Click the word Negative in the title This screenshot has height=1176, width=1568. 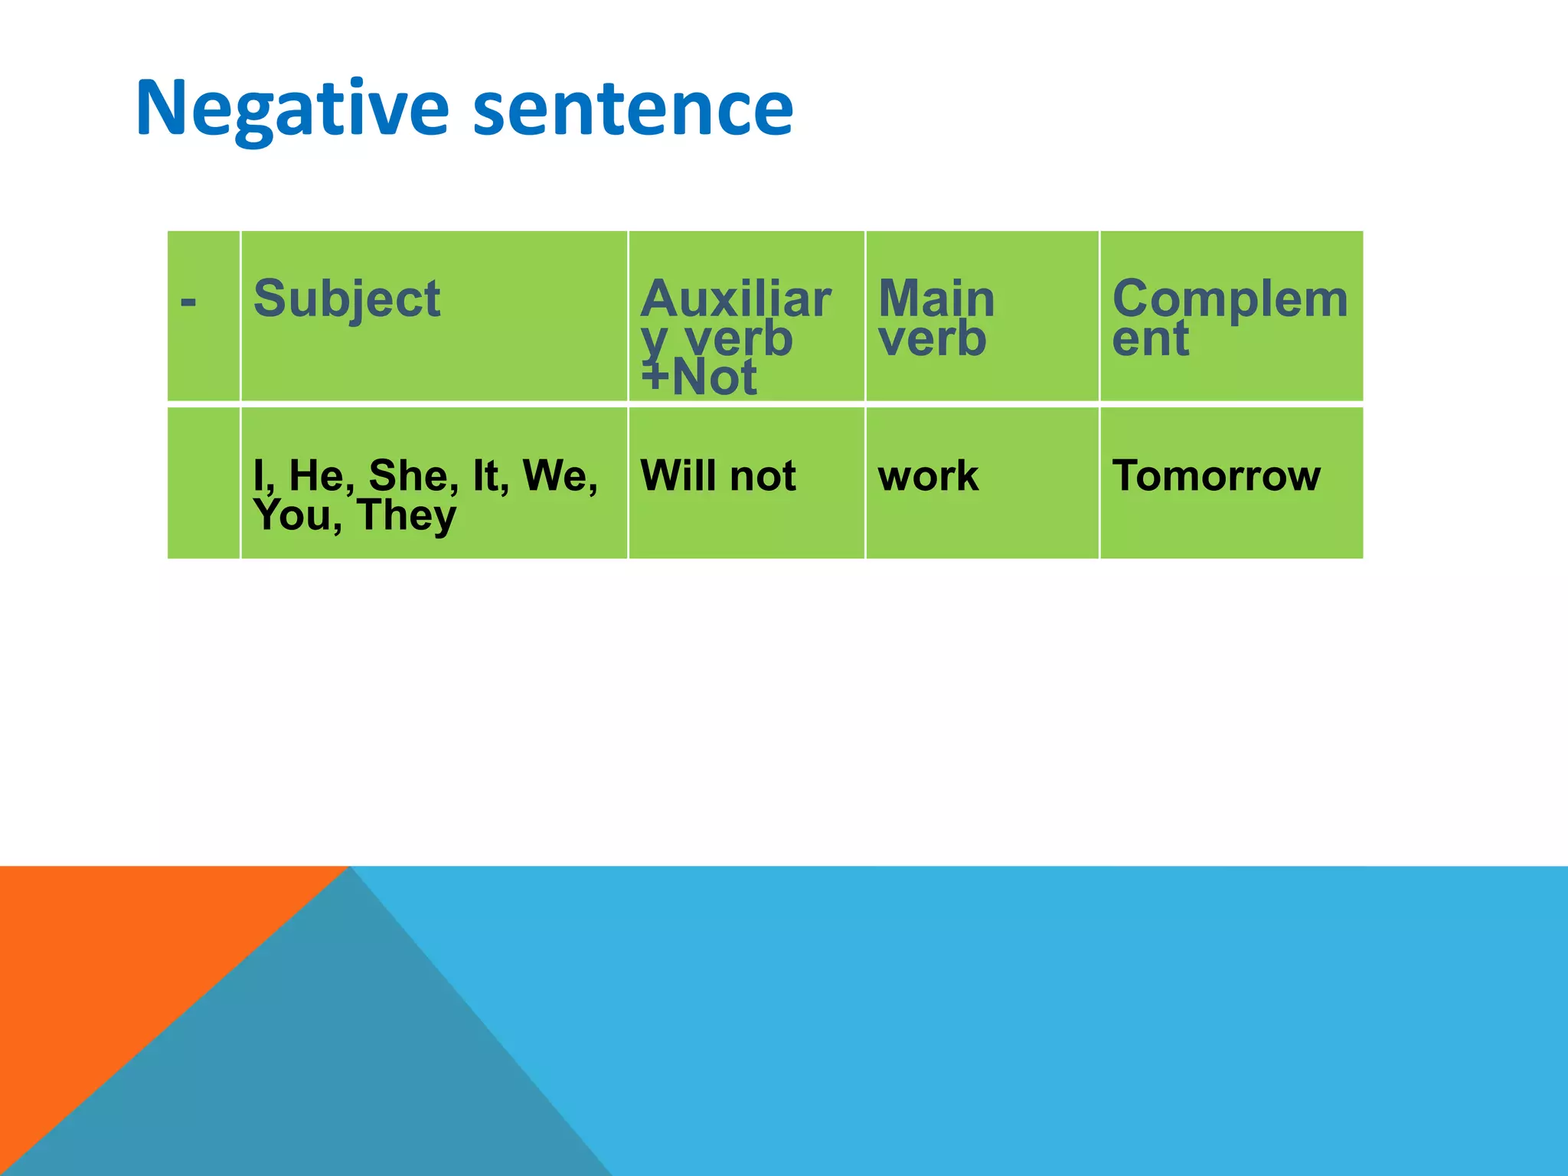coord(292,109)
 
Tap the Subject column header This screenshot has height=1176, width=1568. coord(346,299)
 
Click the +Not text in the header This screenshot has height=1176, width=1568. coord(698,377)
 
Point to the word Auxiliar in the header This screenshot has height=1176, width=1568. coord(735,299)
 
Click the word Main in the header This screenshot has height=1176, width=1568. coord(936,299)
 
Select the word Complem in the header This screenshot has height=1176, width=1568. coord(1230,299)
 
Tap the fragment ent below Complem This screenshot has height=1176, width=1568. coord(1150,338)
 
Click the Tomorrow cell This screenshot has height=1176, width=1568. coord(1216,475)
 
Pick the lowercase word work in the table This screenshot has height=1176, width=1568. coord(928,476)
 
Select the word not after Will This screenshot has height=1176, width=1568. coord(763,476)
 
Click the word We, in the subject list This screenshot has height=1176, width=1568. coord(560,475)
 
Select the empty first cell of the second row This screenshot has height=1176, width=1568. coord(203,482)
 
